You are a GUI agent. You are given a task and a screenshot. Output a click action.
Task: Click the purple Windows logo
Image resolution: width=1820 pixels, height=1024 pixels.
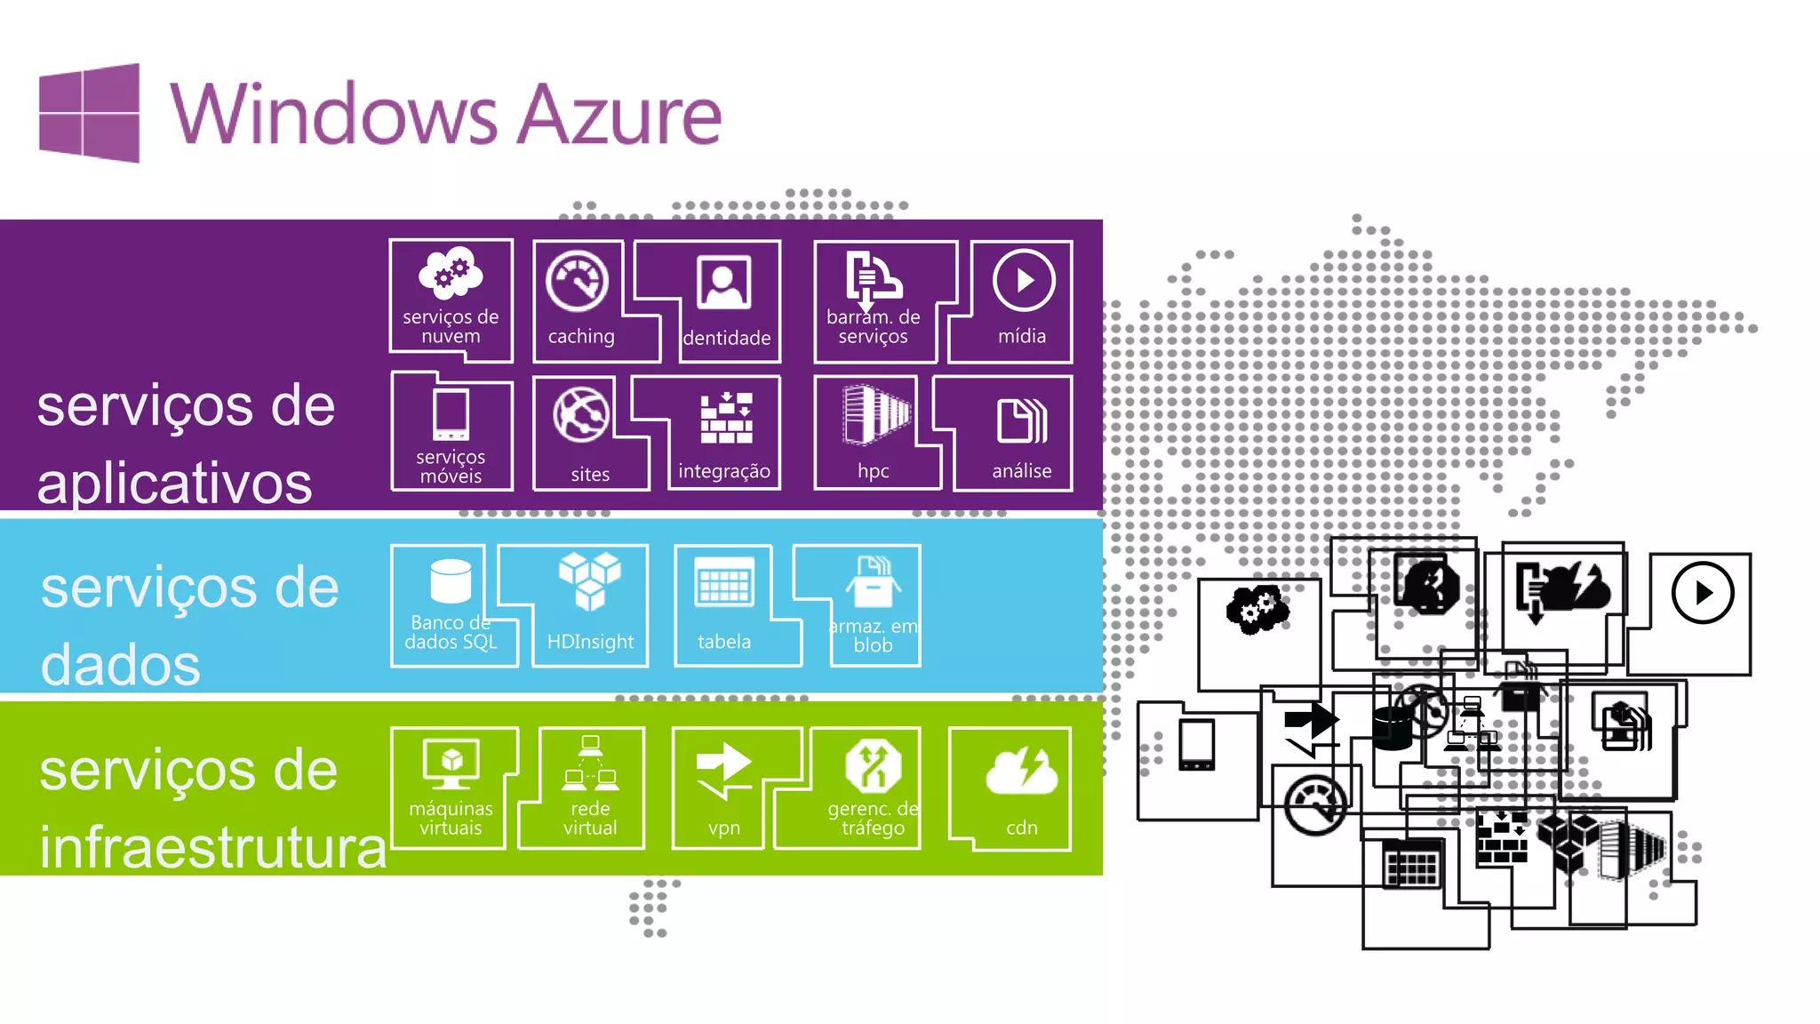(89, 113)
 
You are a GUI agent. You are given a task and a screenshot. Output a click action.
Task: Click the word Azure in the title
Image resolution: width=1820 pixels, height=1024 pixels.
(619, 115)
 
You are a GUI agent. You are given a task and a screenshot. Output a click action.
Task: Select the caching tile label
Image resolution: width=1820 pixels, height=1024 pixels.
(581, 337)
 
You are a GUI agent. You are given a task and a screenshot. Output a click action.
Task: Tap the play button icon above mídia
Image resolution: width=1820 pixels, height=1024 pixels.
(1024, 281)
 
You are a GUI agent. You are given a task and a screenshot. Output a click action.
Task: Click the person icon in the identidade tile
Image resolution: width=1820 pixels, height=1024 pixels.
(724, 282)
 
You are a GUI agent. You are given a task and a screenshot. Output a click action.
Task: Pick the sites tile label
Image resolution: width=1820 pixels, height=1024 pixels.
(590, 475)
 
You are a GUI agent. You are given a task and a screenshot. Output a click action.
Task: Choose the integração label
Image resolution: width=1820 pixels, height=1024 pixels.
(724, 471)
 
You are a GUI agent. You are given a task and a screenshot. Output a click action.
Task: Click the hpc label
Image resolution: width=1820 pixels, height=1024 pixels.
(873, 471)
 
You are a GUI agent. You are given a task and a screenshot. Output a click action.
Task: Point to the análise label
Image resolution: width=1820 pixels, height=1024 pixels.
(1022, 471)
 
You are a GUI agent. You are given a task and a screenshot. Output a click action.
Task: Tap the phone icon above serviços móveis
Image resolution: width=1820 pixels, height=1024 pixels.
(451, 414)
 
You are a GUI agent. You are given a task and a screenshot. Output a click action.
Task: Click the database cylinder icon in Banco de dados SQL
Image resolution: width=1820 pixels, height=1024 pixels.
(451, 581)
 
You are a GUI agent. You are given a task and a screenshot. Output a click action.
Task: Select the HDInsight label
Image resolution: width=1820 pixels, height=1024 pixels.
(590, 642)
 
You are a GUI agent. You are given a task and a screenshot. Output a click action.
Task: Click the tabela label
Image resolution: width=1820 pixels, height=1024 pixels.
(724, 642)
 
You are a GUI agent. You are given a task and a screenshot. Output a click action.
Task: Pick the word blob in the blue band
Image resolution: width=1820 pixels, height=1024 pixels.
(873, 646)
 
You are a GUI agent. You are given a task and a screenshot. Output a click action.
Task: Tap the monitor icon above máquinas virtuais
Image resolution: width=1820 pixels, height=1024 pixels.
(451, 764)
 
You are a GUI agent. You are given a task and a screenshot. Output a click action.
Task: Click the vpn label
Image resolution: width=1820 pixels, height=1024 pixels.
(724, 828)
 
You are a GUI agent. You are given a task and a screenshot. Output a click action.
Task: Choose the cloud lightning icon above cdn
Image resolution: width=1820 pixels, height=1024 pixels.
(1022, 770)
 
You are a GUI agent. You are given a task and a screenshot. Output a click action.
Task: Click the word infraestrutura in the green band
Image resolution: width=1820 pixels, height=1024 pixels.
(213, 847)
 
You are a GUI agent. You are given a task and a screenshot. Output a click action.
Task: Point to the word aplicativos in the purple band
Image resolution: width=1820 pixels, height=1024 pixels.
(175, 484)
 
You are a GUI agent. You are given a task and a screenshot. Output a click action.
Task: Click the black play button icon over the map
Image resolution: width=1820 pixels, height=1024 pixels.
(1703, 593)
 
